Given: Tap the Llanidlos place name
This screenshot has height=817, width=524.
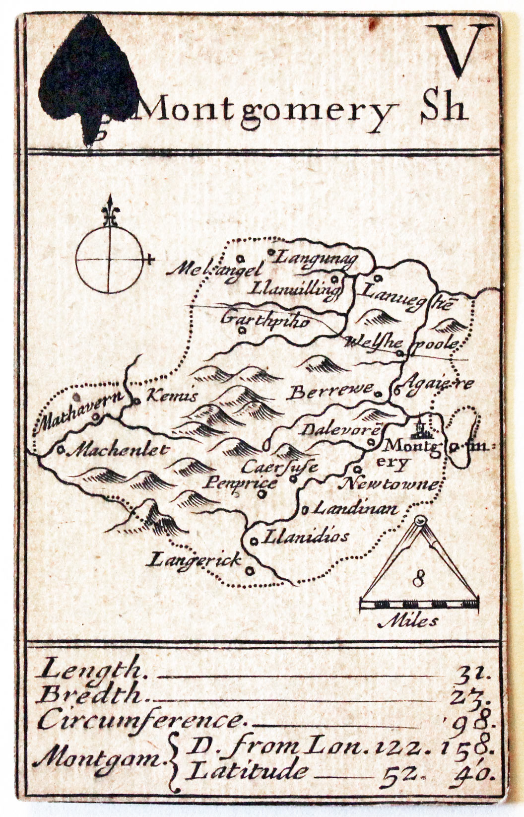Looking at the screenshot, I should tap(305, 537).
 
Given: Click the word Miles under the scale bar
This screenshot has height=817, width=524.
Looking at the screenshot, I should tap(408, 620).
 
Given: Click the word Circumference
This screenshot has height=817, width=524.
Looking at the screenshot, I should tap(141, 720).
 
